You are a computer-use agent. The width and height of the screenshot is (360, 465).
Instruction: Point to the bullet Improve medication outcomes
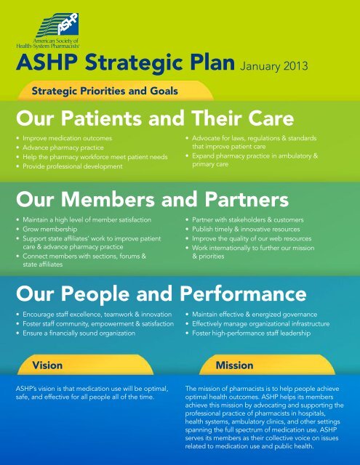(61, 135)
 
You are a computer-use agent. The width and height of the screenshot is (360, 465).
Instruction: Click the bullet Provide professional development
(69, 166)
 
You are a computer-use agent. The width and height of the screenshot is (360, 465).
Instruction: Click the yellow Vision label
(47, 363)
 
